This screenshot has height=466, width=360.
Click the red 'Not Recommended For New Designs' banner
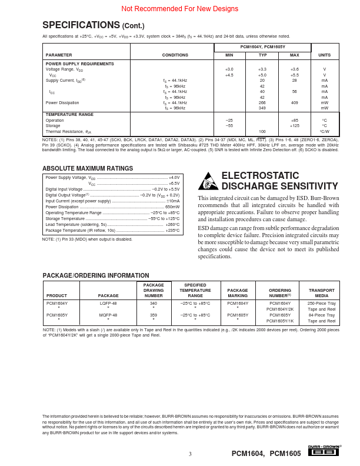click(180, 9)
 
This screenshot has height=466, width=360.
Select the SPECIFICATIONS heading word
click(81, 25)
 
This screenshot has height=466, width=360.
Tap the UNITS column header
click(324, 55)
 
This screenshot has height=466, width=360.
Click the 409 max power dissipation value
click(294, 102)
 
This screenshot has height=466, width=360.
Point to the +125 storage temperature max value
click(294, 125)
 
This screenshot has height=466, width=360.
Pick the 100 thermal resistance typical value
click(262, 131)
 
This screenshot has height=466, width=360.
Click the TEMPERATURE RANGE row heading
click(69, 114)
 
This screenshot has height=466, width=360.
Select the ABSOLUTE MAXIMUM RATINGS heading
click(88, 168)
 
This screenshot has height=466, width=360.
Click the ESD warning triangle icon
click(209, 181)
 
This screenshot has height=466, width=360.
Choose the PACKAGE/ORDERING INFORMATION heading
click(91, 275)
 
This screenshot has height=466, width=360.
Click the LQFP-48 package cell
click(108, 303)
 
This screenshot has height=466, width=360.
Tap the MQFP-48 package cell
click(108, 315)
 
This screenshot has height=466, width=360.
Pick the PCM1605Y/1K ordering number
click(280, 321)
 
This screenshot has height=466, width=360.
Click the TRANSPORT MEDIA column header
click(322, 292)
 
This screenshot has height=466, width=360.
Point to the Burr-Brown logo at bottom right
click(324, 451)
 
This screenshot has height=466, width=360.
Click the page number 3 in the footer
click(190, 454)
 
